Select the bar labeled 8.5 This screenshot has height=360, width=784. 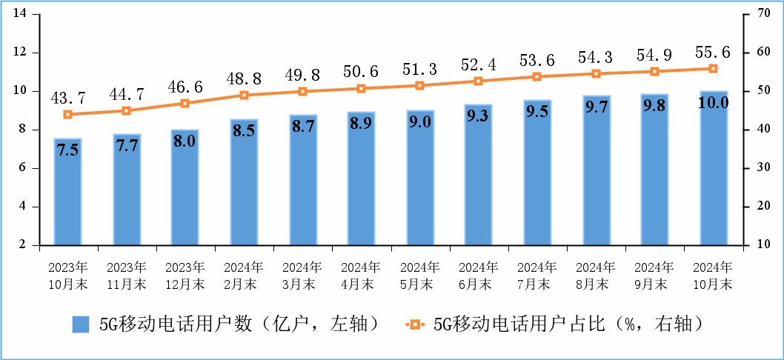[244, 181]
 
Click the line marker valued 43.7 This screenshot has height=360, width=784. [67, 114]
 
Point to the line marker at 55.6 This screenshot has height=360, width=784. [713, 68]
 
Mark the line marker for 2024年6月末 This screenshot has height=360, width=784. [478, 81]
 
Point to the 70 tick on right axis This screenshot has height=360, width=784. [761, 14]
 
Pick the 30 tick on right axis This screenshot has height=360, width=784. [761, 168]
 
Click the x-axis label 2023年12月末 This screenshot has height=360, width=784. [185, 275]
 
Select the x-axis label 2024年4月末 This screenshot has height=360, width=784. [361, 275]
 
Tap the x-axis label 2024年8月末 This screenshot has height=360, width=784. [596, 275]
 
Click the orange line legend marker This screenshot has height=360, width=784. [414, 324]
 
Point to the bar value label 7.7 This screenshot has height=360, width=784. [126, 146]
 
